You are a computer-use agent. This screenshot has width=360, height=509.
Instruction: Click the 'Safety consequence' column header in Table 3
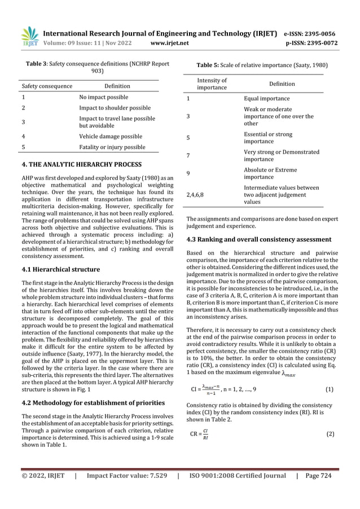point(47,86)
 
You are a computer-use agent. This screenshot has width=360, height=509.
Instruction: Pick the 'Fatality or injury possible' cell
point(112,147)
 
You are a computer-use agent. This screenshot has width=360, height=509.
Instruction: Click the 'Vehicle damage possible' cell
point(110,136)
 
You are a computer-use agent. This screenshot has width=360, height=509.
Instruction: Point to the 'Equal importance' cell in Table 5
point(266,98)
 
